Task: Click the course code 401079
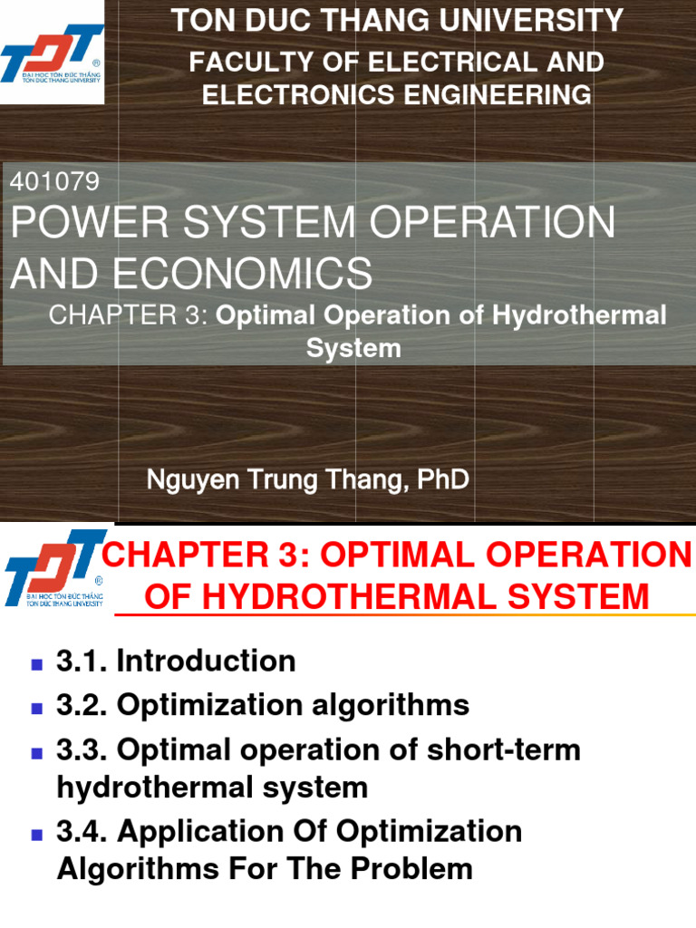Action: [53, 182]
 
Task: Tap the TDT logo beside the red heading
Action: [53, 566]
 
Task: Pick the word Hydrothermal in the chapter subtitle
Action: [581, 315]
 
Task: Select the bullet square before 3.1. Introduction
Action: [37, 663]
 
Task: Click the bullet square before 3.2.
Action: [37, 707]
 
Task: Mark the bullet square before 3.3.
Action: [37, 751]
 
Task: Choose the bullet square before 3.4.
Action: [37, 833]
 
